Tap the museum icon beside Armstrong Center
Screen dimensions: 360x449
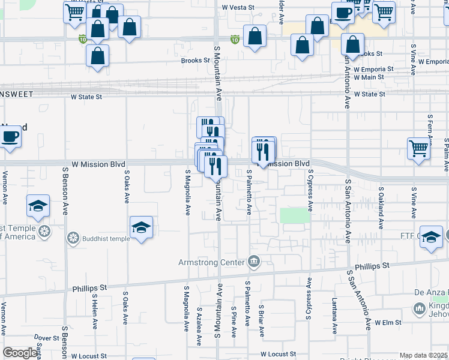click(254, 262)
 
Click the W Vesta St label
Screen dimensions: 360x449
click(243, 8)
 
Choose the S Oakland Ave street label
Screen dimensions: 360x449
click(381, 208)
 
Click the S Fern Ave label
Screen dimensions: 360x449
click(430, 130)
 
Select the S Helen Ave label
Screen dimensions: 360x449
click(95, 311)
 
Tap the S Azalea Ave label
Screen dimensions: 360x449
click(199, 327)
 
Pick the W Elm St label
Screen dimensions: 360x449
click(388, 323)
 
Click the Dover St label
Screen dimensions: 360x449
click(46, 338)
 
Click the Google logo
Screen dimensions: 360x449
click(20, 353)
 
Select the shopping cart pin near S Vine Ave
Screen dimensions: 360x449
click(418, 148)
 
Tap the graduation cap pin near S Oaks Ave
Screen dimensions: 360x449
click(142, 227)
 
